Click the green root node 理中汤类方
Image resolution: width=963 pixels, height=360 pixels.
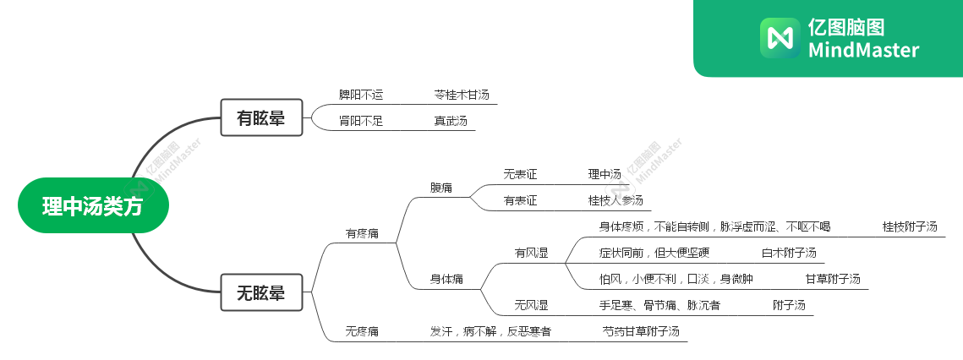(x=93, y=205)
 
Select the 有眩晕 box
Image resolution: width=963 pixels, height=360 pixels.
(x=260, y=118)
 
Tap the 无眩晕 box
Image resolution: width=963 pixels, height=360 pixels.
(x=260, y=293)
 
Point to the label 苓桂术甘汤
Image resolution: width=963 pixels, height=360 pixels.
(x=462, y=95)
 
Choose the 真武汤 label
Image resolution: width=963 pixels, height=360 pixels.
(x=451, y=121)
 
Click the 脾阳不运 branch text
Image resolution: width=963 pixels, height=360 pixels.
(x=360, y=95)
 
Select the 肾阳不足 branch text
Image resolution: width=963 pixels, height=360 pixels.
(x=360, y=121)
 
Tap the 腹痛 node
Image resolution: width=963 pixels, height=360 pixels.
(x=440, y=188)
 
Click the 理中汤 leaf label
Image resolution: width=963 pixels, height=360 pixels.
(x=605, y=174)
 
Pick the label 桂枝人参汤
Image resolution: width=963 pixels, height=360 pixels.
(x=616, y=200)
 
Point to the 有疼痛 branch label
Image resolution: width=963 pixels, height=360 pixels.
(x=362, y=232)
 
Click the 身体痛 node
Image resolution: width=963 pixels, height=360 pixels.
(x=446, y=279)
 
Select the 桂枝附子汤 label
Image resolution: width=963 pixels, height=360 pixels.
(x=910, y=226)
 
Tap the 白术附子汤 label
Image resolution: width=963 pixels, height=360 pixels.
(x=789, y=253)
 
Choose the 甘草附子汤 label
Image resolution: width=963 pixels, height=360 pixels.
(x=833, y=279)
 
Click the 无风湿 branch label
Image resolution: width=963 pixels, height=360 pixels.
(x=531, y=305)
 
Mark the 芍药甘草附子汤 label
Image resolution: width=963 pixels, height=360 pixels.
(x=640, y=331)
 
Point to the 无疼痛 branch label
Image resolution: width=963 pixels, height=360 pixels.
(x=362, y=331)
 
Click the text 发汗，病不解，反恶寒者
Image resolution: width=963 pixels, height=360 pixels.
(x=490, y=331)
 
